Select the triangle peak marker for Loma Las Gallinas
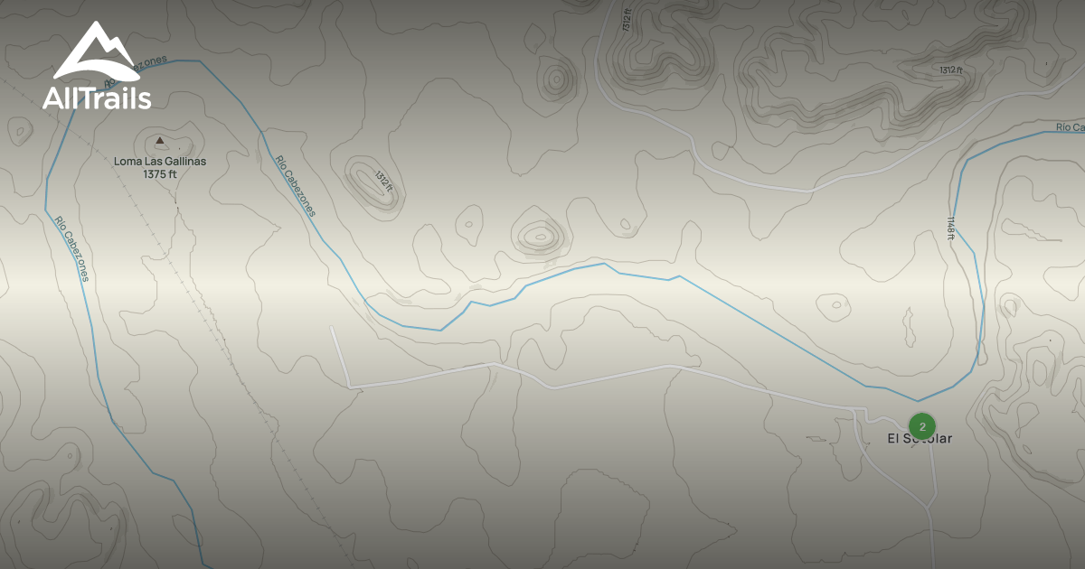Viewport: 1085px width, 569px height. point(160,140)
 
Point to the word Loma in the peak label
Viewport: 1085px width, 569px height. point(126,162)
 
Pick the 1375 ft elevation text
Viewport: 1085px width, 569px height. point(160,173)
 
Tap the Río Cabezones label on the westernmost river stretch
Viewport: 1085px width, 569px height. point(71,248)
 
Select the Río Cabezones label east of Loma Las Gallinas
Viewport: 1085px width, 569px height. point(296,186)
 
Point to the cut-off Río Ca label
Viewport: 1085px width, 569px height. point(1070,127)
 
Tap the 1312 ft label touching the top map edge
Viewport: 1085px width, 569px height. point(627,18)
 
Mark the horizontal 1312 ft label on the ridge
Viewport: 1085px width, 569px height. point(950,70)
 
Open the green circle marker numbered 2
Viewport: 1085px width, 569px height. point(921,426)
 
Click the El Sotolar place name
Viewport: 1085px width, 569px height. point(919,439)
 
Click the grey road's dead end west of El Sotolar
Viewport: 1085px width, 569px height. point(332,327)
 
